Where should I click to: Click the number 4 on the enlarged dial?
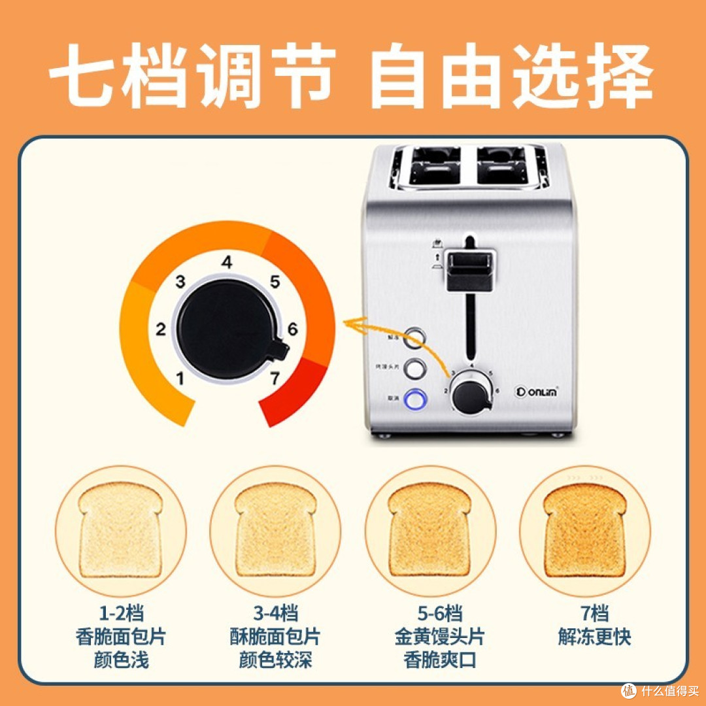tap(227, 263)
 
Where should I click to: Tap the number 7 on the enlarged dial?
tap(275, 378)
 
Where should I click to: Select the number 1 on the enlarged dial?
tap(180, 378)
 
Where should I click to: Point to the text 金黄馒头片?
tap(430, 637)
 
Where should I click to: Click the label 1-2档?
tap(121, 614)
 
